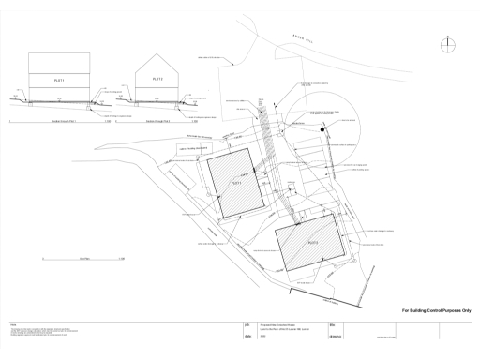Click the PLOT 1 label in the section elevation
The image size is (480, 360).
[57, 82]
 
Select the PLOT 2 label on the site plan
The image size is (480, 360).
[314, 242]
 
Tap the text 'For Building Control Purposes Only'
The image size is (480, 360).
[436, 309]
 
